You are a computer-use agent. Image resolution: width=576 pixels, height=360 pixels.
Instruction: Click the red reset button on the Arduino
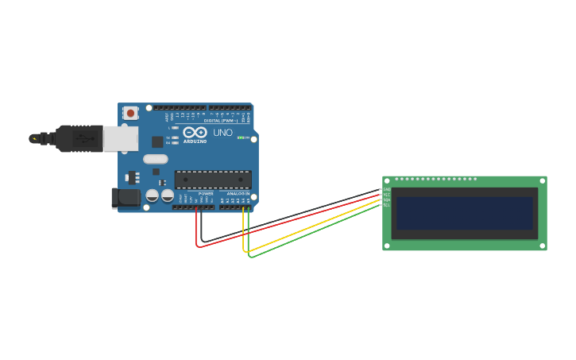130,114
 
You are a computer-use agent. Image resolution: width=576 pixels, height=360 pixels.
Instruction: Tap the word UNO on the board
223,133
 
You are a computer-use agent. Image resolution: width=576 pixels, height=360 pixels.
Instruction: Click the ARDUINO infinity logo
195,133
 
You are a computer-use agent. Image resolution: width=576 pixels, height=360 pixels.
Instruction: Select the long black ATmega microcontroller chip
213,180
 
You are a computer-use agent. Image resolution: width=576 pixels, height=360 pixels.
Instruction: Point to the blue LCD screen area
465,213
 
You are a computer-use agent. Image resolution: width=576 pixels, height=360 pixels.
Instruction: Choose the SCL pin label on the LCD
387,206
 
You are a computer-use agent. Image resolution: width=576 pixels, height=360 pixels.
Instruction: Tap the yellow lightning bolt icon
33,138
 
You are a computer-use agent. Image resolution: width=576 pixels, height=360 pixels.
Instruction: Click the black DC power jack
126,197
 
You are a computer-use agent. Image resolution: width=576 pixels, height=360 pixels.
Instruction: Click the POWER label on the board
206,193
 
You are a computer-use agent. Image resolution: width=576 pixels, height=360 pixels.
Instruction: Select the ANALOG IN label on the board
238,193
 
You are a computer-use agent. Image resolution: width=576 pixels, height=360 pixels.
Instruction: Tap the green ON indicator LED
240,137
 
